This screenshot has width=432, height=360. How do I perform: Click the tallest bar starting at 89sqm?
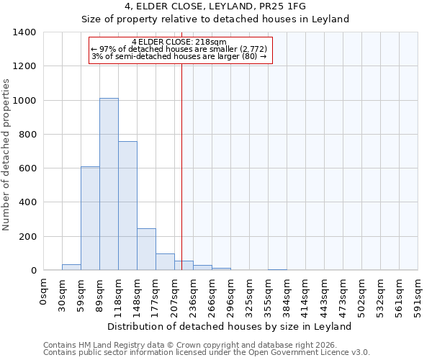point(109,184)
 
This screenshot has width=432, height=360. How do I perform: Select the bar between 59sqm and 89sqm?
point(90,218)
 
